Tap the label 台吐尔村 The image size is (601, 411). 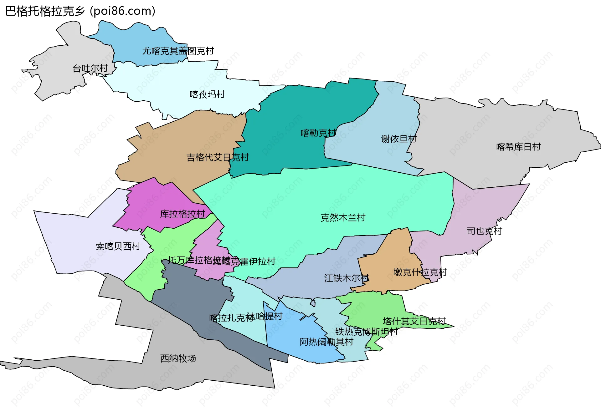[x=90, y=68]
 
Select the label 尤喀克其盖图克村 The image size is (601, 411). [x=178, y=51]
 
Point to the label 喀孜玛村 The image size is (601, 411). [x=207, y=94]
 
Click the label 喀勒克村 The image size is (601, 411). [x=318, y=133]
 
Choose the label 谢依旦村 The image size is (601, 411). [x=398, y=139]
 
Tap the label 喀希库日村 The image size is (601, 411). [x=518, y=147]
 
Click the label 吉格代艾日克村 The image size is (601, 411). [x=218, y=157]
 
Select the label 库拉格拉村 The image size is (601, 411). [x=182, y=214]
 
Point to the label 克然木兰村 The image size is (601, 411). [x=343, y=217]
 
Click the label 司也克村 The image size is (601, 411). [x=484, y=231]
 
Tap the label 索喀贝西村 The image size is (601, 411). [x=118, y=246]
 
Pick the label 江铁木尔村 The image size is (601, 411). [x=346, y=278]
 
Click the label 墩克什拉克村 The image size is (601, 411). [x=420, y=272]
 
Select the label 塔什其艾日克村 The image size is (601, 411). [x=414, y=321]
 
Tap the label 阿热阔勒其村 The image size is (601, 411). [x=326, y=342]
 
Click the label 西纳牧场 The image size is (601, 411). [x=178, y=358]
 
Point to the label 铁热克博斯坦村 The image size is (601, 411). [x=366, y=331]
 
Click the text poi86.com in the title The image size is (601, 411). [x=122, y=11]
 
